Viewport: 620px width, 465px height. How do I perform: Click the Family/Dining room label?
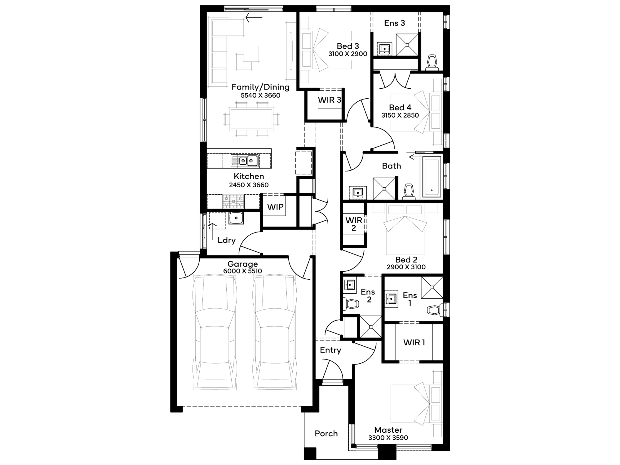click(260, 87)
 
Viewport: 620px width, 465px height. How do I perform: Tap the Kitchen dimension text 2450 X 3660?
click(249, 185)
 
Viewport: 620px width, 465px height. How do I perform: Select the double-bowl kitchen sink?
click(245, 160)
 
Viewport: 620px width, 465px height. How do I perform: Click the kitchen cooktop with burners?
click(233, 201)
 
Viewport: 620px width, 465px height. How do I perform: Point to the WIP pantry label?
click(275, 207)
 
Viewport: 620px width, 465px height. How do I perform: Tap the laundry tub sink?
click(236, 218)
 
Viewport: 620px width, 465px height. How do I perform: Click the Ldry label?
click(227, 240)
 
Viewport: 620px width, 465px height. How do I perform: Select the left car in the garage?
click(215, 332)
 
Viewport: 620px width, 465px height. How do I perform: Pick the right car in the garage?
click(275, 332)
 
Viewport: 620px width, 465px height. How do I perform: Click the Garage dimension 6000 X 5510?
click(242, 271)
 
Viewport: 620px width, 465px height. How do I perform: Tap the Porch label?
click(326, 433)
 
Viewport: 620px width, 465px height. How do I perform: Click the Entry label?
click(330, 350)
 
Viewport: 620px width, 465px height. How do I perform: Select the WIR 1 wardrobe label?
click(414, 343)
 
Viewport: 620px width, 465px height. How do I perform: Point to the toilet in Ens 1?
click(435, 310)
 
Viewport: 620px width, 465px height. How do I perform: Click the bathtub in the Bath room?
click(432, 177)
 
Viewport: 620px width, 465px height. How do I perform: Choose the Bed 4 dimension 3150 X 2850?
click(400, 115)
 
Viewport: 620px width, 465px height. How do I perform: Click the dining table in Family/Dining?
click(252, 118)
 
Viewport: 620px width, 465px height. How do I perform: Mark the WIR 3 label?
click(330, 100)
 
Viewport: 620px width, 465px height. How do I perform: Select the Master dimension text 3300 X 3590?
click(388, 438)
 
